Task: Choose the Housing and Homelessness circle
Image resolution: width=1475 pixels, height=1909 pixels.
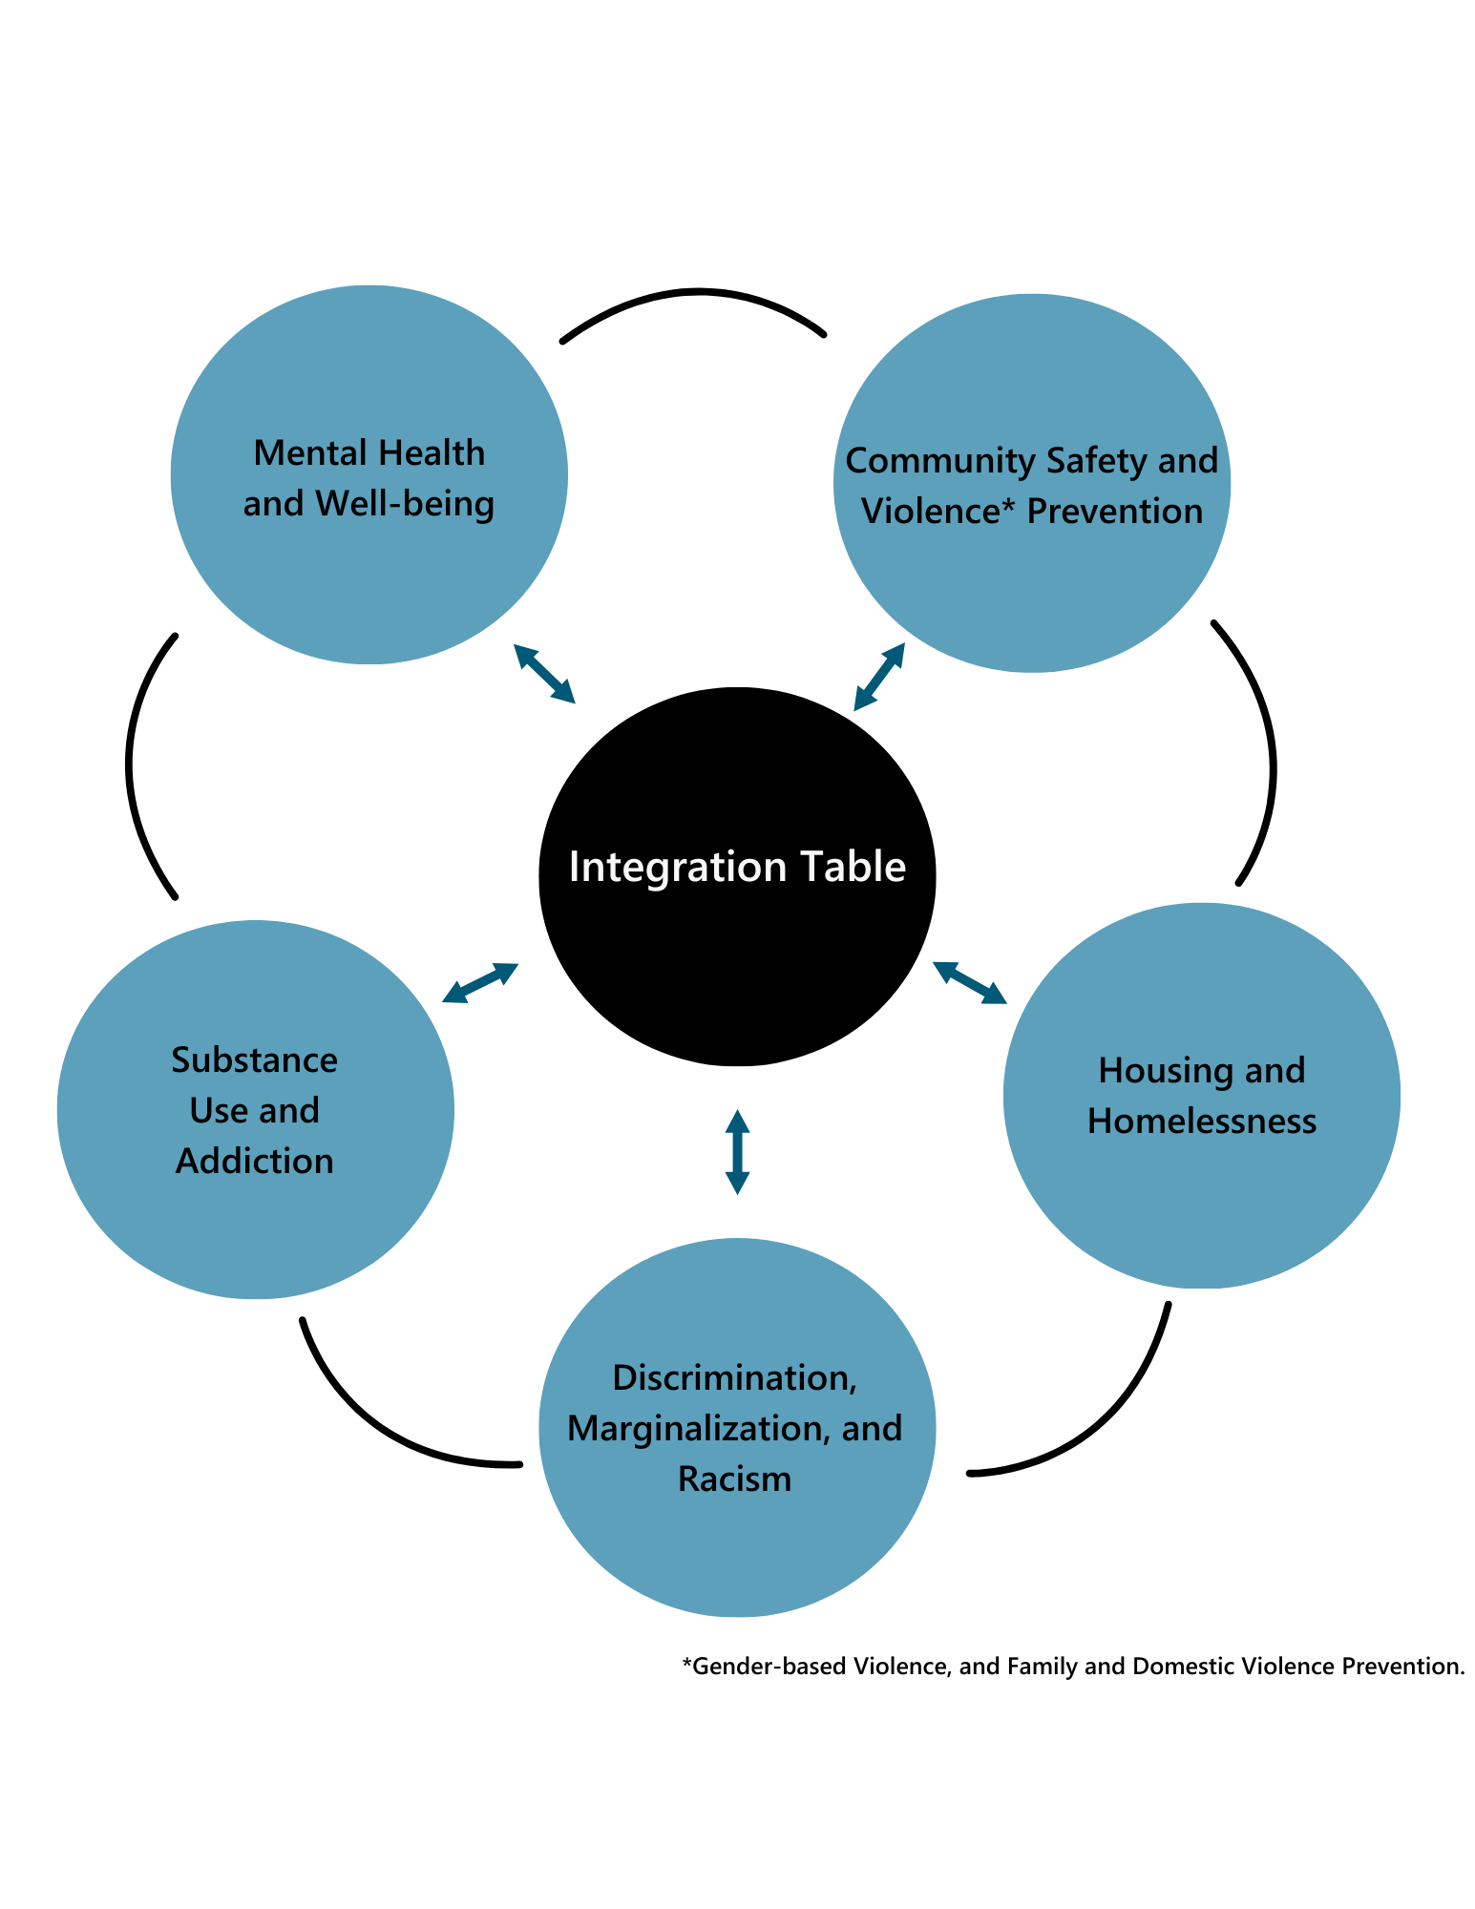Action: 1201,1184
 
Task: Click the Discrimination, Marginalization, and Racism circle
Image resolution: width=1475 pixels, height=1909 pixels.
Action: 737,1546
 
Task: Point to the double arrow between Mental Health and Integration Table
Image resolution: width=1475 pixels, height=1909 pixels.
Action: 544,674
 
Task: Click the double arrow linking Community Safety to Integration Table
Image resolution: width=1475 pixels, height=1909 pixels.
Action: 878,677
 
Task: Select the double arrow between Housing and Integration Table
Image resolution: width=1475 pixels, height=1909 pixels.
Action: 969,983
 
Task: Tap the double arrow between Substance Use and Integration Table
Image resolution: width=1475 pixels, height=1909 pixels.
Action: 480,982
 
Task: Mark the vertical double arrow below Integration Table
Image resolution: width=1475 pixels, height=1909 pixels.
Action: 737,1152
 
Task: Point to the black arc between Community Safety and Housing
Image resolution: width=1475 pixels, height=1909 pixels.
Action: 1270,754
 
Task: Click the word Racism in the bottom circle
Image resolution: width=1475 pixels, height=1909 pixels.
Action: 734,1479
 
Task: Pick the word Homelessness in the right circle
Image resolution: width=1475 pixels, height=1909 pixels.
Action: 1201,1121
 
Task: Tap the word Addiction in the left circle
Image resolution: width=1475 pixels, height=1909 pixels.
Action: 255,1161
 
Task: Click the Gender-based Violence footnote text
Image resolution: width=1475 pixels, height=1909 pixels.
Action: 1073,1667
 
